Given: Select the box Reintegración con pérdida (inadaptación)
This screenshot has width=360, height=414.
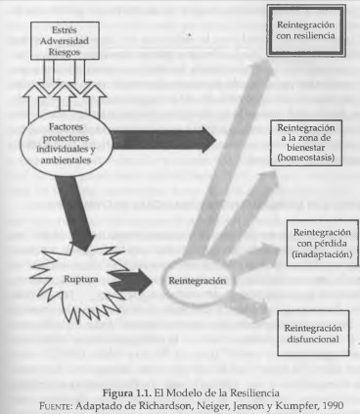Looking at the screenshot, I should (x=318, y=244).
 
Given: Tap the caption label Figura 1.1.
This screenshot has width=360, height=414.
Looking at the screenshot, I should (x=132, y=389).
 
